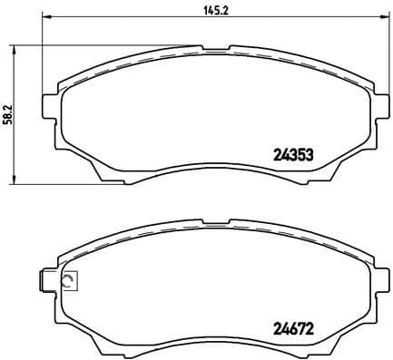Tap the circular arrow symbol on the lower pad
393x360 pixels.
[x=68, y=283]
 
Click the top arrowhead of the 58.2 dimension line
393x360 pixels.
[x=14, y=48]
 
